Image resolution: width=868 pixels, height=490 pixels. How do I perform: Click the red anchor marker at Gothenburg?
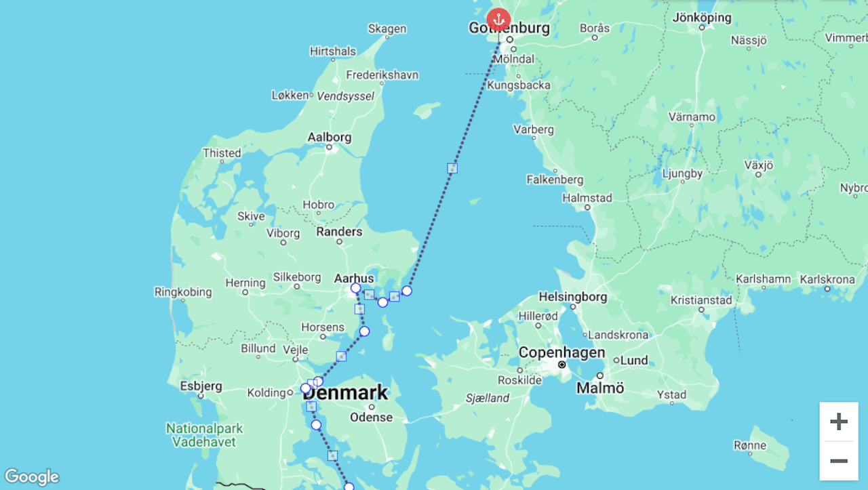[x=499, y=20]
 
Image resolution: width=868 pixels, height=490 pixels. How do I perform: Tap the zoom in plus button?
[x=839, y=422]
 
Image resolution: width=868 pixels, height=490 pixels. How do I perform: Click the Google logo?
[x=32, y=477]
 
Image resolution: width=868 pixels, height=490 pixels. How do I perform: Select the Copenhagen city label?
[x=561, y=352]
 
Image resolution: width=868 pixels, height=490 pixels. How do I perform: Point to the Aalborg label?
[x=330, y=137]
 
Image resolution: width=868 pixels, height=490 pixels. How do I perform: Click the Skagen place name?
[x=387, y=28]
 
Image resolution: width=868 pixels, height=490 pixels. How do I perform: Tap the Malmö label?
[x=600, y=388]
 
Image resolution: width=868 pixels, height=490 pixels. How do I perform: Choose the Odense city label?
[x=371, y=417]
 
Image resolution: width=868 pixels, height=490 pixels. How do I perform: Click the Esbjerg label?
[x=201, y=386]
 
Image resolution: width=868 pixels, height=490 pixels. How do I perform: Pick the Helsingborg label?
[x=573, y=296]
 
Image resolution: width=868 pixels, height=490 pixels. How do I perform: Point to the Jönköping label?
[x=702, y=18]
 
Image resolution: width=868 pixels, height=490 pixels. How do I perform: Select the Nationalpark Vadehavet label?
[x=204, y=435]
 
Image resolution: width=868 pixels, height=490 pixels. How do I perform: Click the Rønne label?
[x=750, y=445]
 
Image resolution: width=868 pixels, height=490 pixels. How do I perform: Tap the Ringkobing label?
[x=183, y=292]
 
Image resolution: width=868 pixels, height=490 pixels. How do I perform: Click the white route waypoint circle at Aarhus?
[x=356, y=288]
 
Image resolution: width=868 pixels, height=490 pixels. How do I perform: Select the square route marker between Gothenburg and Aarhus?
[x=452, y=168]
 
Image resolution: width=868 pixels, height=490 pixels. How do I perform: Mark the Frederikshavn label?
[x=382, y=75]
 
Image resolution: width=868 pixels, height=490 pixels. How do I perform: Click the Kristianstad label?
[x=701, y=300]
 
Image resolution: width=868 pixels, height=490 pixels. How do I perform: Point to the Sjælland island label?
[x=487, y=398]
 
